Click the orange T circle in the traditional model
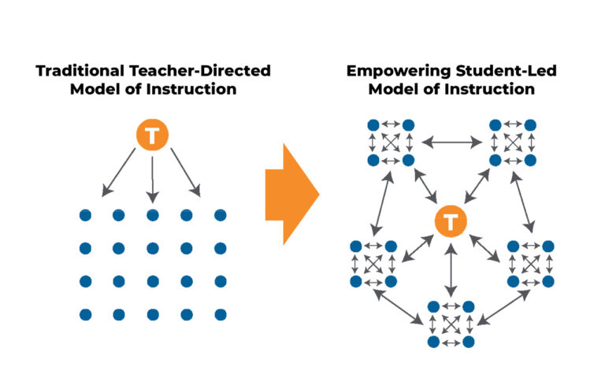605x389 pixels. (153, 137)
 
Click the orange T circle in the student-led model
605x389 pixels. (450, 222)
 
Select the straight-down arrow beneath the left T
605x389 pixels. (153, 176)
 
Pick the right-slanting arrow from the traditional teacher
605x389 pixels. (184, 175)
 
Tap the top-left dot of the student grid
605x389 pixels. (86, 215)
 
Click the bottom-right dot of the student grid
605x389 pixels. (220, 314)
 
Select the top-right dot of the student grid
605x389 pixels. (220, 215)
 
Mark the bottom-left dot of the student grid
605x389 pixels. (86, 314)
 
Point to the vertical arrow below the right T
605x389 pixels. (450, 270)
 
